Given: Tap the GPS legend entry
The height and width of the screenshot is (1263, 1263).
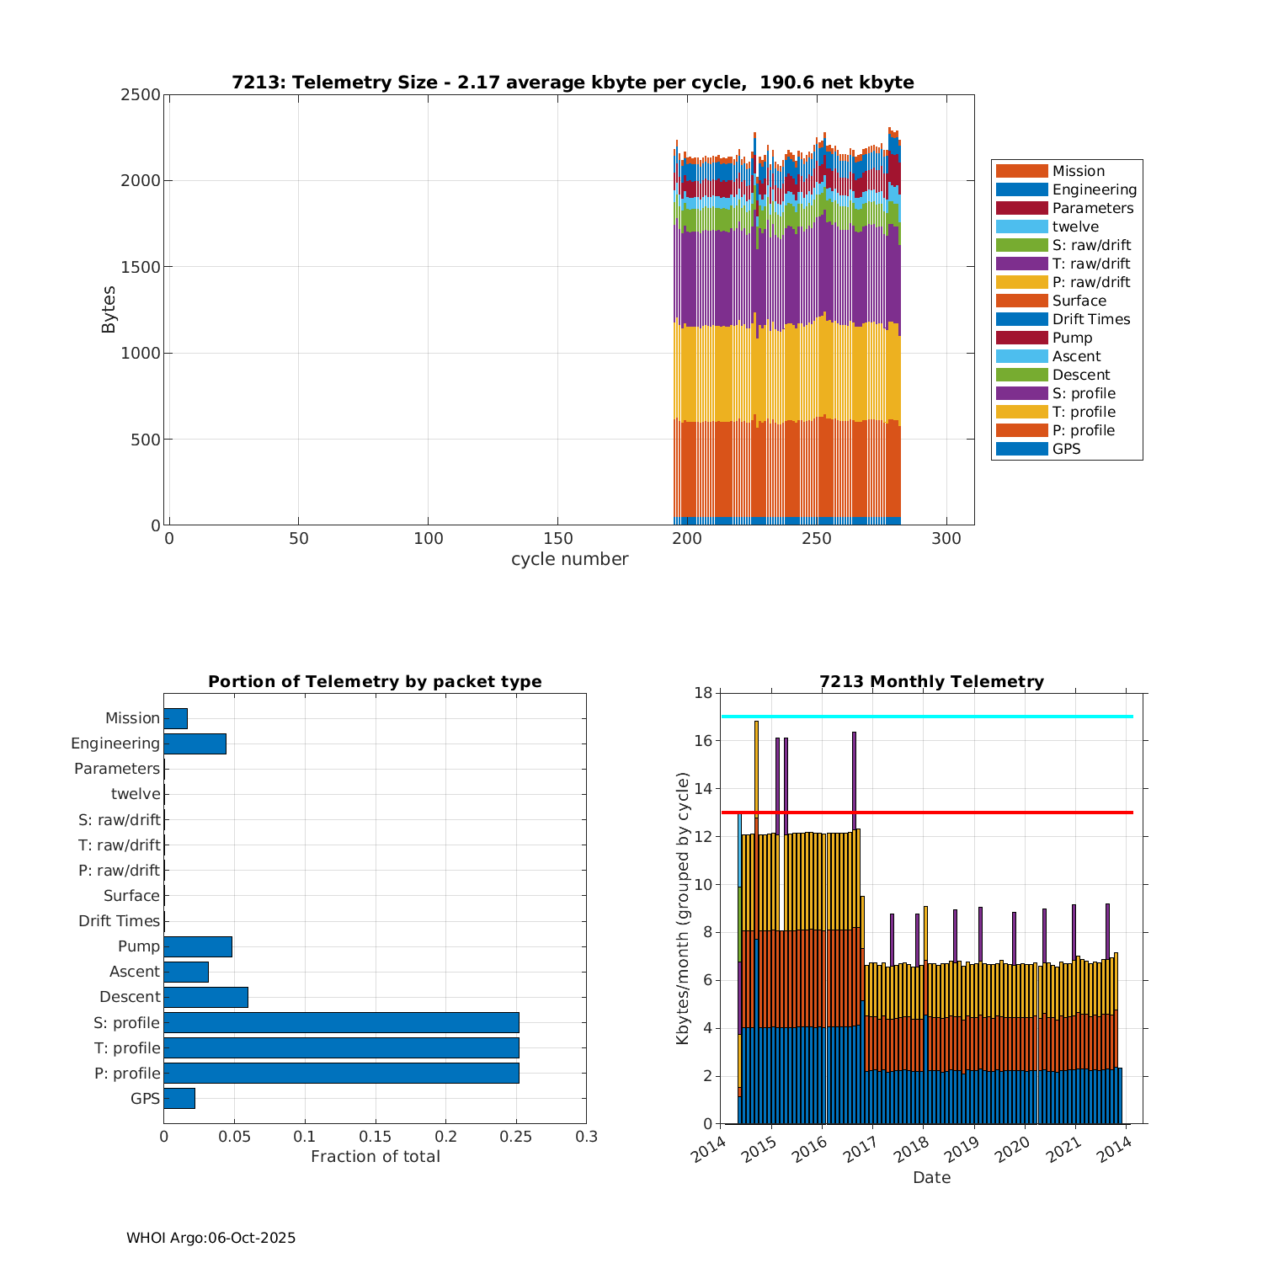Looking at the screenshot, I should point(1066,449).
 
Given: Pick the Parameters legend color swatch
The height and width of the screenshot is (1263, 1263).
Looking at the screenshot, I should point(1021,208).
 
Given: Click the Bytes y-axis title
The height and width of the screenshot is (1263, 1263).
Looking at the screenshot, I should point(109,310).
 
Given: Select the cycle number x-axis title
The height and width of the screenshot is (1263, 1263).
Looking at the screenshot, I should point(569,559).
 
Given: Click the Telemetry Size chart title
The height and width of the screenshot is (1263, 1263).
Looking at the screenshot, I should point(573,83).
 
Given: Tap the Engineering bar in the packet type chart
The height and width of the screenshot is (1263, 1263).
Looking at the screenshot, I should point(195,743).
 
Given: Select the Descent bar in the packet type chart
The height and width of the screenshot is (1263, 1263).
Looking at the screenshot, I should point(205,997).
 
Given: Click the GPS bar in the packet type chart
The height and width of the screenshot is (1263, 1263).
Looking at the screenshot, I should point(179,1098).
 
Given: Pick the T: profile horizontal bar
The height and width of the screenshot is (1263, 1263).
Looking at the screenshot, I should point(341,1047).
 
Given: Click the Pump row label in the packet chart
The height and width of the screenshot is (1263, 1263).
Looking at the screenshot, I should point(138,946).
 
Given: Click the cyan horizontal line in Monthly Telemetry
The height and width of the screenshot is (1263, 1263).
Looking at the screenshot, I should point(926,717).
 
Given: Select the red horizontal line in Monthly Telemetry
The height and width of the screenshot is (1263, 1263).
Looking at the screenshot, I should point(926,813).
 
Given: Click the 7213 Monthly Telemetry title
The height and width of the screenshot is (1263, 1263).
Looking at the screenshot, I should point(931,682).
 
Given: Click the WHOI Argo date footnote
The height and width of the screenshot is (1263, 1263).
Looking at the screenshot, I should point(210,1238).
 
